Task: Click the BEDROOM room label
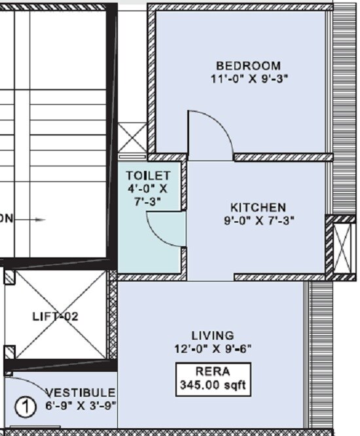click(248, 65)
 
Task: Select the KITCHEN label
click(258, 208)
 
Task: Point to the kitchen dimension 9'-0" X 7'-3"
click(258, 221)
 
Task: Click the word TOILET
click(148, 176)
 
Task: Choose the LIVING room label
click(212, 335)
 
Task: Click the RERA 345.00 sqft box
click(212, 379)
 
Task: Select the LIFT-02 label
click(56, 316)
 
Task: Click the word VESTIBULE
click(80, 392)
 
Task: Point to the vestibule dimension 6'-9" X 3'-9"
click(80, 405)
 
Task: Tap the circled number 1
click(25, 407)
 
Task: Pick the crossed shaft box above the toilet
click(133, 140)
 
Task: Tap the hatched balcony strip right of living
click(321, 354)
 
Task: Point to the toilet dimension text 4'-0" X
click(148, 189)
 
